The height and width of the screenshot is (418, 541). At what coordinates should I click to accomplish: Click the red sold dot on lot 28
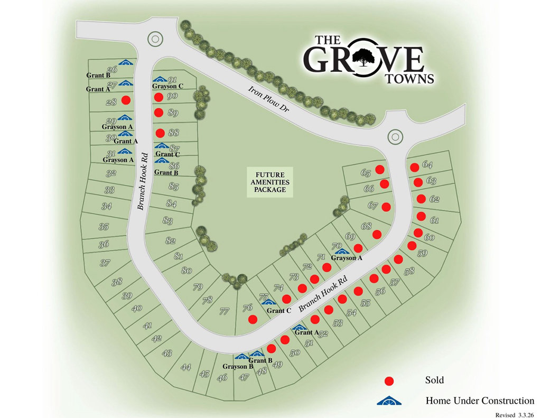[126, 100]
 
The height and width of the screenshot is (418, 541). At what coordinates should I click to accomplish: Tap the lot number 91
[172, 79]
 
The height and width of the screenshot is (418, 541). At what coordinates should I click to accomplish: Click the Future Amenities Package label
[270, 182]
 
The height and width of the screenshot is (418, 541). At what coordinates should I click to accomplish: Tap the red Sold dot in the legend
[389, 380]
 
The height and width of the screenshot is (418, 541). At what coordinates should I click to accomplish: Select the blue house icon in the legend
[390, 401]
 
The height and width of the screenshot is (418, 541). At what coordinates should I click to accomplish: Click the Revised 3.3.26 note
[515, 414]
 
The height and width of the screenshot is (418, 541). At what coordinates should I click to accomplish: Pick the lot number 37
[105, 263]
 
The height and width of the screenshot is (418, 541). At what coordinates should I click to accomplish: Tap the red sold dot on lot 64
[415, 167]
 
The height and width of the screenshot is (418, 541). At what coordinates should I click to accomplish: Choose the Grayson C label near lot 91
[167, 86]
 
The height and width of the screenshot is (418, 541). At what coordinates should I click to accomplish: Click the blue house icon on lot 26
[125, 62]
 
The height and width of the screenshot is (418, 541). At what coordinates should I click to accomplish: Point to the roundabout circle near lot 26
[155, 38]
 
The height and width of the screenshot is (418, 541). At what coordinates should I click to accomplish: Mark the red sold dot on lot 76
[253, 319]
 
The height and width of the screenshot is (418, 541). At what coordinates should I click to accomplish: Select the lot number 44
[185, 367]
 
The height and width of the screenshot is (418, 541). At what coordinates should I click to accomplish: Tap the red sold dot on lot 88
[160, 133]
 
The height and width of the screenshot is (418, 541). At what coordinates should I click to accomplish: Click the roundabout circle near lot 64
[395, 136]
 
